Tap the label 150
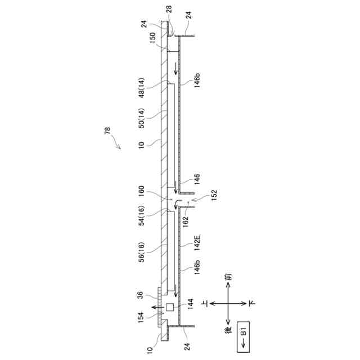tap(152, 38)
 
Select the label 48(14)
tap(141, 88)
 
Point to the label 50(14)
tap(141, 118)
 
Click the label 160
tap(141, 191)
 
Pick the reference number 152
tap(213, 195)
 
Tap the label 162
tap(185, 222)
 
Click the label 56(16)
tap(141, 252)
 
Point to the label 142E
tap(197, 242)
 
